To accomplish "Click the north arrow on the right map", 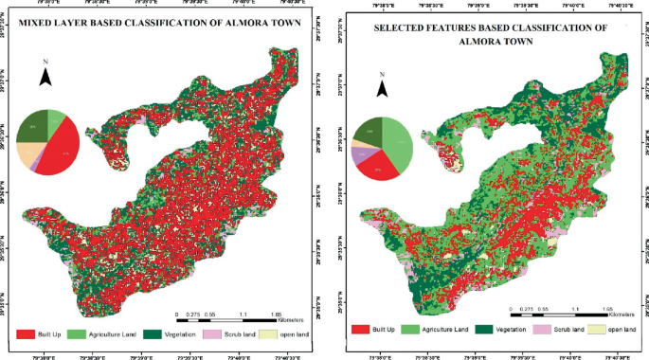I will (x=383, y=88).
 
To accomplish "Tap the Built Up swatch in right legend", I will (x=360, y=328).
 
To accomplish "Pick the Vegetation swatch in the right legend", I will (x=481, y=328).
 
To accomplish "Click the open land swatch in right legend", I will (x=597, y=328).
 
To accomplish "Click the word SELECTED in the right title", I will (x=402, y=28).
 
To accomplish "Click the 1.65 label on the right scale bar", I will (x=606, y=309).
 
